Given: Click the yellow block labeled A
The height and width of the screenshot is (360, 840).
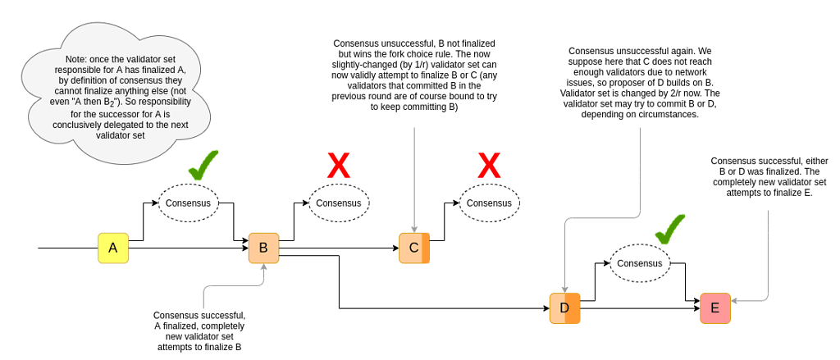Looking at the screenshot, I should click(113, 248).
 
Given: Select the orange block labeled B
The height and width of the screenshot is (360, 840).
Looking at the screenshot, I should click(263, 248).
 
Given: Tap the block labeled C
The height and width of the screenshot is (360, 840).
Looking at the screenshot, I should click(414, 248).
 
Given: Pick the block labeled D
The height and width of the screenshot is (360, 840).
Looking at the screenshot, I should click(564, 308).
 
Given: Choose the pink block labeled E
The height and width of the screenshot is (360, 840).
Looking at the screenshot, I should click(714, 308).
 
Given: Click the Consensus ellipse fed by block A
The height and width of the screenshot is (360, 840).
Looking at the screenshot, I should click(189, 203).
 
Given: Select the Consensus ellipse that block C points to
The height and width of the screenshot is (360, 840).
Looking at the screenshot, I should click(491, 203).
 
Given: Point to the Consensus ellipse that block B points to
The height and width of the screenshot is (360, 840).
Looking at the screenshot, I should click(340, 203).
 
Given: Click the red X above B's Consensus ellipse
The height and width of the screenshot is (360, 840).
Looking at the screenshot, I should click(338, 166).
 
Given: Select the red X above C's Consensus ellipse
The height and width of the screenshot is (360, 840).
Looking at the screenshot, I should click(489, 166).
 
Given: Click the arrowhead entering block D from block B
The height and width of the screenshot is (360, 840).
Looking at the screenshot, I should click(546, 308).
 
